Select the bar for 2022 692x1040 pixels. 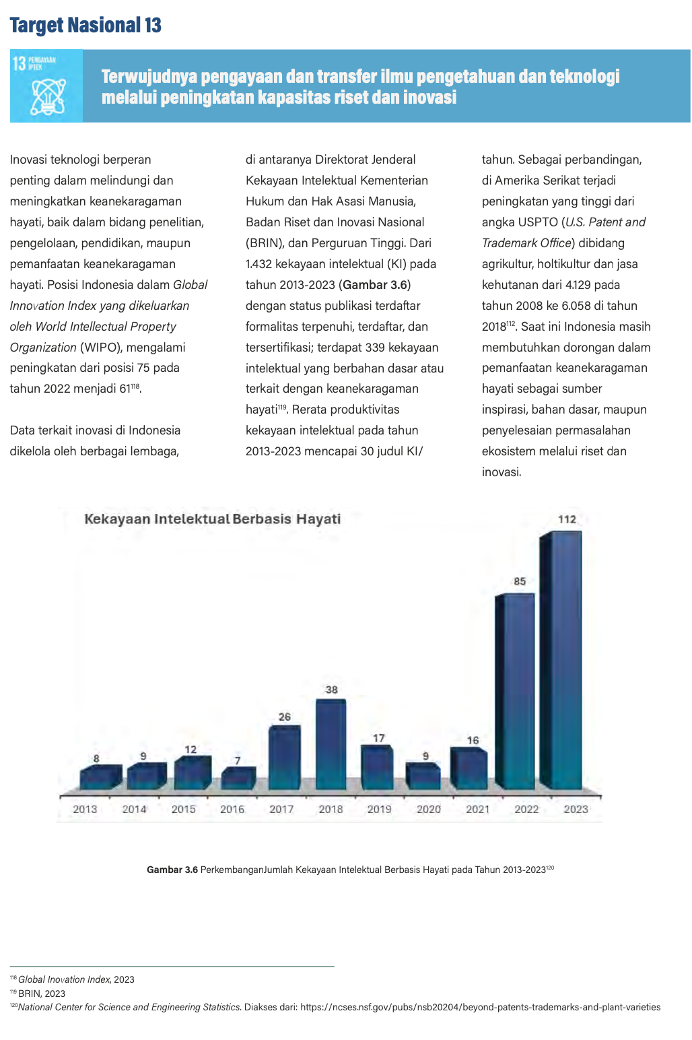click(x=515, y=690)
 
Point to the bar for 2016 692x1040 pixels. click(x=237, y=779)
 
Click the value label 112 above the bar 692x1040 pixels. click(x=567, y=519)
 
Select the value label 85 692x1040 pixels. click(x=520, y=581)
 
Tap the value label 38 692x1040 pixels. click(x=331, y=690)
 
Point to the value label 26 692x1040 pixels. click(x=284, y=717)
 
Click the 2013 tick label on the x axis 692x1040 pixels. click(x=85, y=809)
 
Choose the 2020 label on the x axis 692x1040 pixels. click(x=429, y=809)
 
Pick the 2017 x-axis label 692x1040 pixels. click(x=281, y=809)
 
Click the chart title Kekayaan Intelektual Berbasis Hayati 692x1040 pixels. click(x=212, y=519)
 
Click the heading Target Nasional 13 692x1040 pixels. click(x=85, y=26)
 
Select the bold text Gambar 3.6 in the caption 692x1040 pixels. click(x=172, y=870)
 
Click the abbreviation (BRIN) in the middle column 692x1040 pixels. click(x=263, y=243)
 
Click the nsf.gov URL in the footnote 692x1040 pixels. click(x=480, y=1007)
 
